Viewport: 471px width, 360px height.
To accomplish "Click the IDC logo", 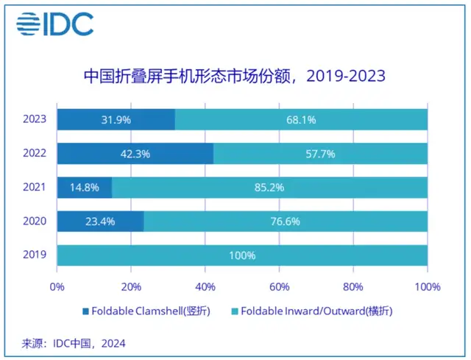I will click(55, 24).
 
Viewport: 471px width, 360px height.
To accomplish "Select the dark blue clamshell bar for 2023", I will click(116, 119).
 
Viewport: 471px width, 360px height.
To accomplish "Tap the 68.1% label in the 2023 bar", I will click(301, 119).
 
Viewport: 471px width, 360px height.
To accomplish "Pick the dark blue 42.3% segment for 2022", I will click(135, 153).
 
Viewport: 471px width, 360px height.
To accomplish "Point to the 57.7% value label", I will click(320, 153).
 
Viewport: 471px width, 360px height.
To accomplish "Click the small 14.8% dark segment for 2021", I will click(84, 187).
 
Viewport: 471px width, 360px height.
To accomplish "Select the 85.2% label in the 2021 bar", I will click(269, 187).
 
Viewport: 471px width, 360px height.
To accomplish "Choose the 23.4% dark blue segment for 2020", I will click(100, 221).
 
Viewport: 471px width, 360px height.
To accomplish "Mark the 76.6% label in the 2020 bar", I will click(285, 221).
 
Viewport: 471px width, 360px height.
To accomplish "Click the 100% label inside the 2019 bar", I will click(242, 255).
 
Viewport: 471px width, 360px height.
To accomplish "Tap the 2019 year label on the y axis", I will click(35, 255).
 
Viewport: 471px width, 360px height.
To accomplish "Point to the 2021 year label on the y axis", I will click(35, 187).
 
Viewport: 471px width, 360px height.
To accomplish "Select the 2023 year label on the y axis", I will click(35, 119).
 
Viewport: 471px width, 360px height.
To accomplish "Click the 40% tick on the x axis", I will click(205, 286).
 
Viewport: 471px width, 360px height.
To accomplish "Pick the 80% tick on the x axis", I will click(353, 286).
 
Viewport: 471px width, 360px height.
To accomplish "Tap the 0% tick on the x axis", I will click(57, 286).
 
